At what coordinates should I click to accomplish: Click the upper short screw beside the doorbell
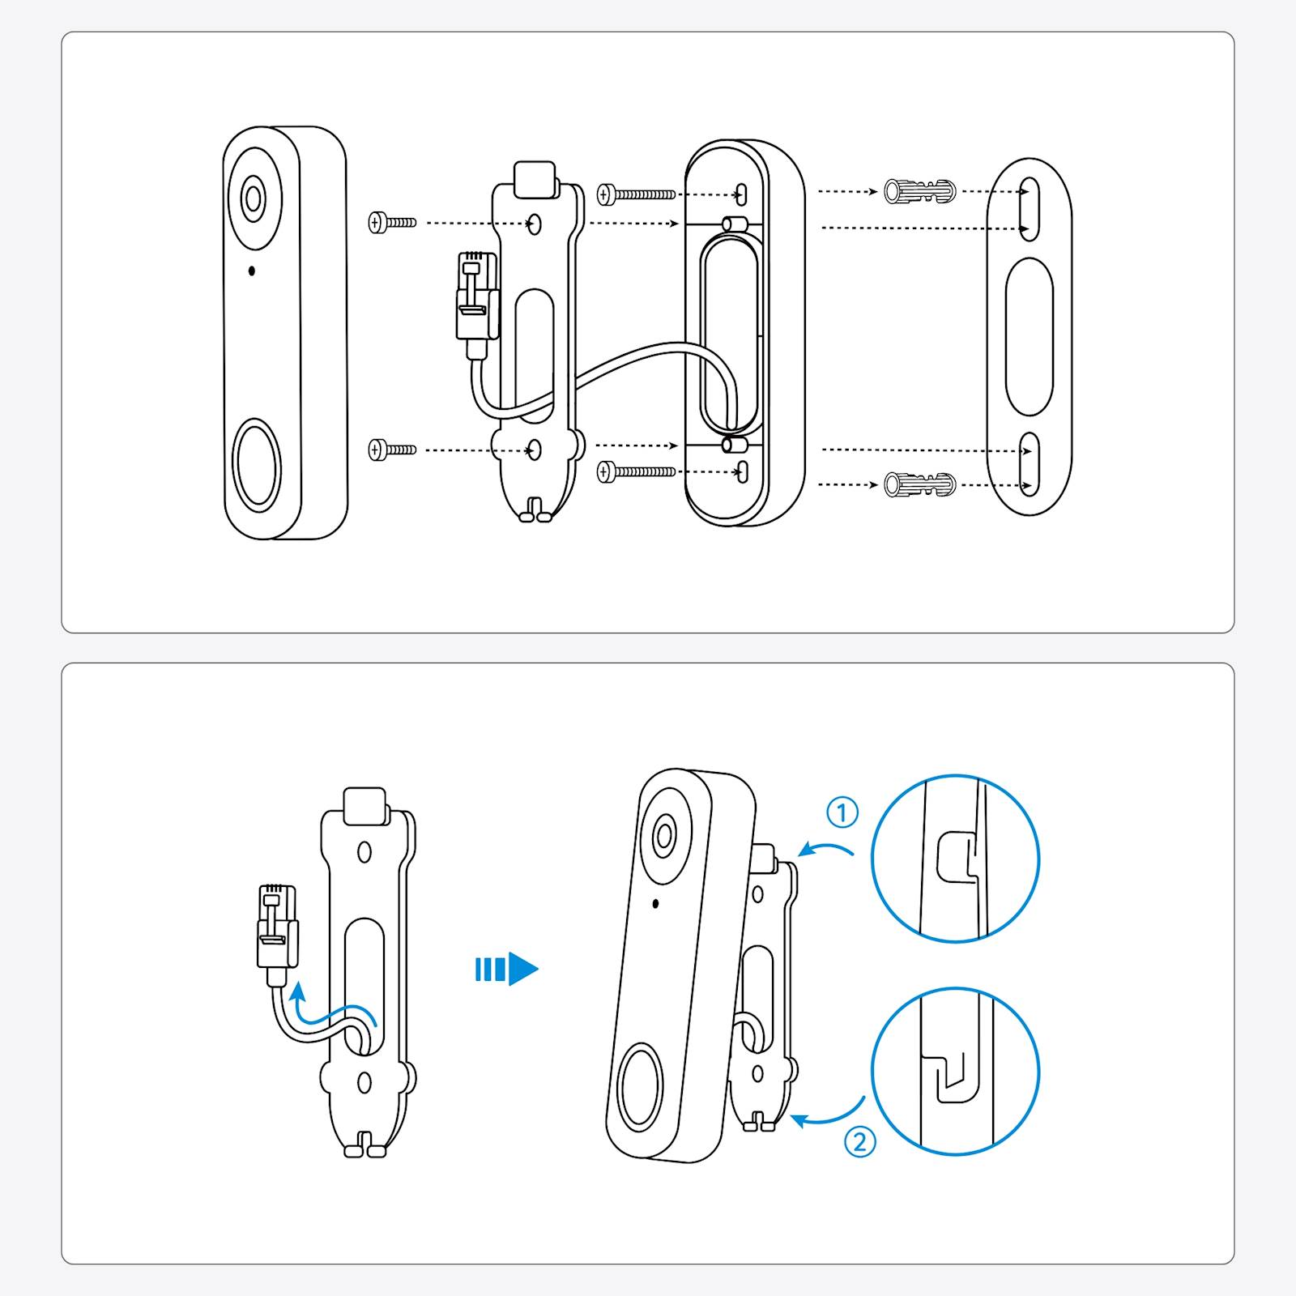click(392, 222)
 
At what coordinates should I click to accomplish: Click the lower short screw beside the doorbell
click(392, 450)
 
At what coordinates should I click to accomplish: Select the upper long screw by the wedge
click(636, 194)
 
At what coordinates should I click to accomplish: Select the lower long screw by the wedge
click(636, 471)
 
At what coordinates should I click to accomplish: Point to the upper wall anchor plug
click(919, 192)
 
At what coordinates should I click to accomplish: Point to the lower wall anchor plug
click(919, 484)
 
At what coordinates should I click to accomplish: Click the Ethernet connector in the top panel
click(476, 296)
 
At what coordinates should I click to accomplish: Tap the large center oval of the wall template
click(1029, 337)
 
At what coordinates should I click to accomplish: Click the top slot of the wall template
click(1029, 209)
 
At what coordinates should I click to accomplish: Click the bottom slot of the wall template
click(1029, 463)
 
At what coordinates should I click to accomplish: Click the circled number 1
click(842, 812)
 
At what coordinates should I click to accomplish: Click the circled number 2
click(859, 1142)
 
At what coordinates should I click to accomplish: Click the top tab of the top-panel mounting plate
click(535, 179)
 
